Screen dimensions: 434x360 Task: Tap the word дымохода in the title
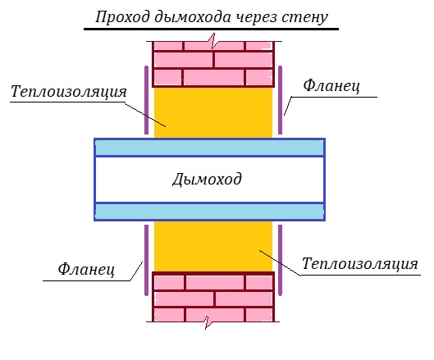coord(193,18)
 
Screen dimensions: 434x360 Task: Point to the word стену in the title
coord(304,18)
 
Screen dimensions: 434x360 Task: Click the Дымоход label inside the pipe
coord(207,180)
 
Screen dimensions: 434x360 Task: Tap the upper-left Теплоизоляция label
coord(69,91)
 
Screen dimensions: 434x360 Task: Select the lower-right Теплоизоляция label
coord(360,263)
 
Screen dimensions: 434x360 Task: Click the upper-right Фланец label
coord(331,85)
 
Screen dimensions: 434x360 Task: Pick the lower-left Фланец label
coord(86,269)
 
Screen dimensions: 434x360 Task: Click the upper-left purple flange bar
coord(146,100)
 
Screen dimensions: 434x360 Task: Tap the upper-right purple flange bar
coord(280,100)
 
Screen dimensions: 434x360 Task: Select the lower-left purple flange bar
coord(146,260)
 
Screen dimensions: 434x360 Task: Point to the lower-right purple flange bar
coord(280,260)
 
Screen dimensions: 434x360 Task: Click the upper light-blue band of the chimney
coord(209,148)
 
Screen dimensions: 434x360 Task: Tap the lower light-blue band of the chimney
coord(209,212)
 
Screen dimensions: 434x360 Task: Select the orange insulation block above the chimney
coord(213,112)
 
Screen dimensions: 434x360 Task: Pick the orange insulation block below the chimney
coord(213,246)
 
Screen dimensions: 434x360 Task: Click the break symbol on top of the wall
coord(213,41)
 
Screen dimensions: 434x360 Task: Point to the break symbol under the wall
coord(208,322)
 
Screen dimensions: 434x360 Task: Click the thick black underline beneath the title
coord(211,29)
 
